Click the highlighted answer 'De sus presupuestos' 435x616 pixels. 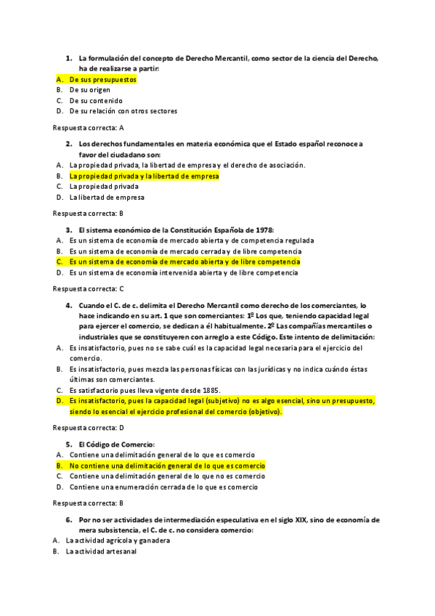102,79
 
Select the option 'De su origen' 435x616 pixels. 90,90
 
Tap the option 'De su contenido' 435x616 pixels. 95,101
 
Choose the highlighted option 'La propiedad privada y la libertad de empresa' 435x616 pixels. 144,176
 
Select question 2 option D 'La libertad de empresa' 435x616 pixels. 107,197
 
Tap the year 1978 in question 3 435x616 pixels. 261,230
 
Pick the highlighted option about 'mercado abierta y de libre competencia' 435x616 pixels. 184,262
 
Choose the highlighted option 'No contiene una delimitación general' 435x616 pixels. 167,466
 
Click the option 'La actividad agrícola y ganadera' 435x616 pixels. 118,540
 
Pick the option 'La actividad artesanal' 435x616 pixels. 100,551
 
